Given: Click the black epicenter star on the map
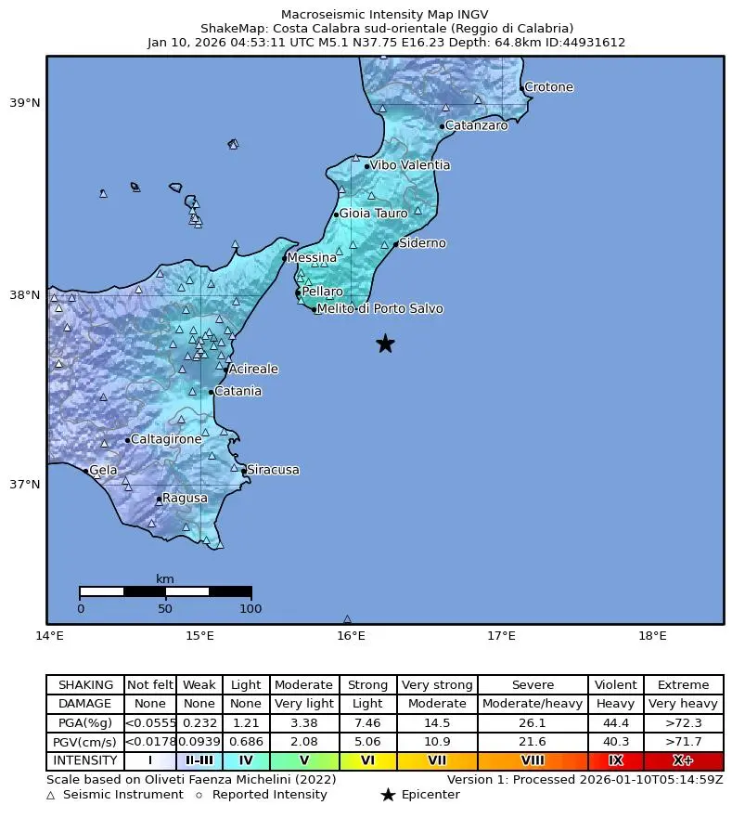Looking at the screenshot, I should click(385, 344).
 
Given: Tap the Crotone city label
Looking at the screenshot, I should click(548, 88).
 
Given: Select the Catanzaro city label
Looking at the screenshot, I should click(476, 125).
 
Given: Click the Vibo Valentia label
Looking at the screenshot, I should click(409, 165).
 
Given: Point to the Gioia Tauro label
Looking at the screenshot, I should click(373, 214).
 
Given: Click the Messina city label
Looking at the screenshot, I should click(312, 258).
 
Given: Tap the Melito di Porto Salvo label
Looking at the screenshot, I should click(379, 309).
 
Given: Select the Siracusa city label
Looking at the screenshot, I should click(273, 471).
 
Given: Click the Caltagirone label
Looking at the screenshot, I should click(165, 439).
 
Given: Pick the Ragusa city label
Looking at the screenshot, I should click(185, 499).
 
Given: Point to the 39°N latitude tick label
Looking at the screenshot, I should click(25, 103).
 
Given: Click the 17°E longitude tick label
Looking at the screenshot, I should click(501, 636).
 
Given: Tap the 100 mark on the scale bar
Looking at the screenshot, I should click(250, 609).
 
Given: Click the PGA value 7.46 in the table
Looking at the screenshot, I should click(367, 722).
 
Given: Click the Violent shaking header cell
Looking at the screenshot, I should click(615, 685).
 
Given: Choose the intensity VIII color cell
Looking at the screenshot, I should click(533, 760).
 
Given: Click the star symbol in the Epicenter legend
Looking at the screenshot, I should click(388, 795).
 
